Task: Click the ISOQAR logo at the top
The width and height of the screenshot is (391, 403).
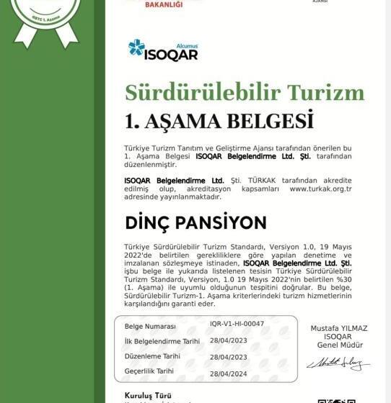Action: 162,50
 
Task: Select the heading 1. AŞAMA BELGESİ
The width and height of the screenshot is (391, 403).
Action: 219,119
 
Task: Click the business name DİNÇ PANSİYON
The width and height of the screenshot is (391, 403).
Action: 195,222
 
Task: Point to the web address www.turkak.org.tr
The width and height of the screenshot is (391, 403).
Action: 320,189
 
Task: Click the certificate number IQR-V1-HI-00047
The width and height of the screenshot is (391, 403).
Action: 237,324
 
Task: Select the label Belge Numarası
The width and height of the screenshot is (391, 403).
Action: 150,327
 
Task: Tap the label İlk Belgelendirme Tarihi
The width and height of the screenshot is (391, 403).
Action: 162,341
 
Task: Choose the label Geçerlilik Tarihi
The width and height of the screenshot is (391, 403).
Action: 149,371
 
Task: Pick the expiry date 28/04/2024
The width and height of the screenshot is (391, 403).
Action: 228,374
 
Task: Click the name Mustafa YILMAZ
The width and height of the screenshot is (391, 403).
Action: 338,328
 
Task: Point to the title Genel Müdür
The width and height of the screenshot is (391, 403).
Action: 338,345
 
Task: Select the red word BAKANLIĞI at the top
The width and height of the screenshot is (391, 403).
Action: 164,4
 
